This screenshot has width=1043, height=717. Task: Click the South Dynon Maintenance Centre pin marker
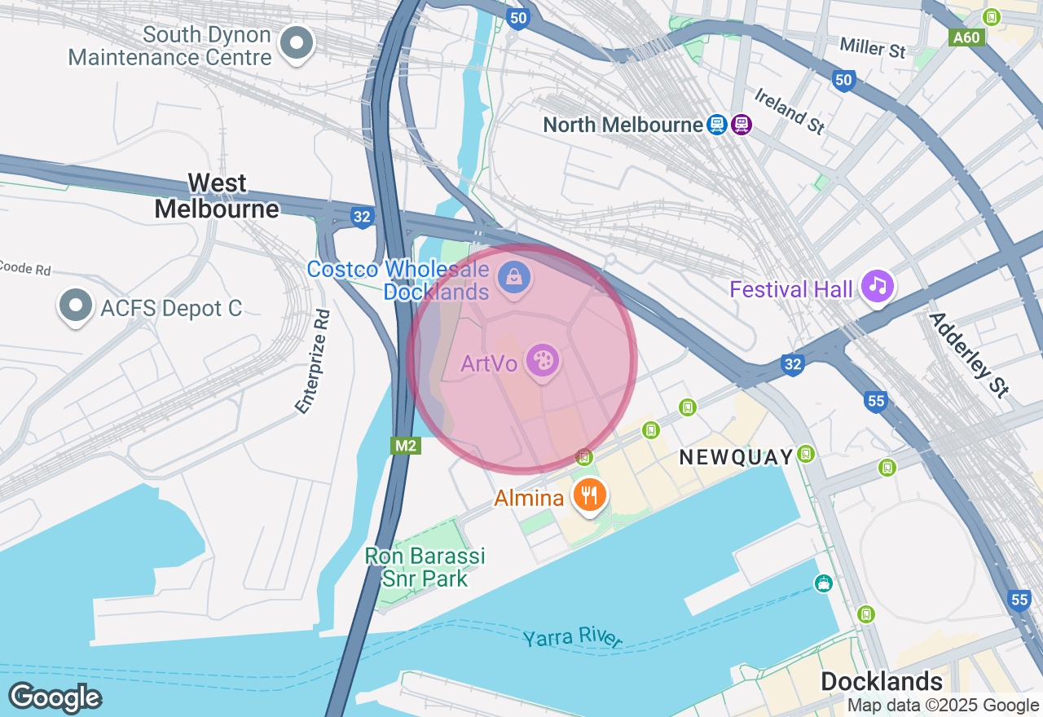[297, 43]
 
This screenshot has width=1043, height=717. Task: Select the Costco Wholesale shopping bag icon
[515, 278]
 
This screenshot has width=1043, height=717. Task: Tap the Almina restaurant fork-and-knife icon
[588, 495]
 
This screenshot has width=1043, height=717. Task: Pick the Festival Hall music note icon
[877, 286]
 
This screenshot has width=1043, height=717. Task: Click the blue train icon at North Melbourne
[717, 124]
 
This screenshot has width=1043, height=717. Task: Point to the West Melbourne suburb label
[217, 196]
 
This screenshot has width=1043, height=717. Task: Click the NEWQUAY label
[736, 457]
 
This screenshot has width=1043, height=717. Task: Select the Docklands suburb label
[881, 681]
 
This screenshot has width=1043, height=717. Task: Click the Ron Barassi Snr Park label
[425, 567]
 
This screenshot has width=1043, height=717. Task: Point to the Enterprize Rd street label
[314, 361]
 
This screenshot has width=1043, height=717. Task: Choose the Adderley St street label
[969, 354]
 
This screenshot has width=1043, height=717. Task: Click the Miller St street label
[873, 48]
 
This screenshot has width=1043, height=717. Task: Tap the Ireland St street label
[789, 112]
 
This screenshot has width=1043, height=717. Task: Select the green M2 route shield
[405, 445]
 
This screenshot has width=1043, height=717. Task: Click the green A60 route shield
[967, 37]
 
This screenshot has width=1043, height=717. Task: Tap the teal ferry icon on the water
[824, 583]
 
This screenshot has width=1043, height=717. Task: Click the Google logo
[55, 698]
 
